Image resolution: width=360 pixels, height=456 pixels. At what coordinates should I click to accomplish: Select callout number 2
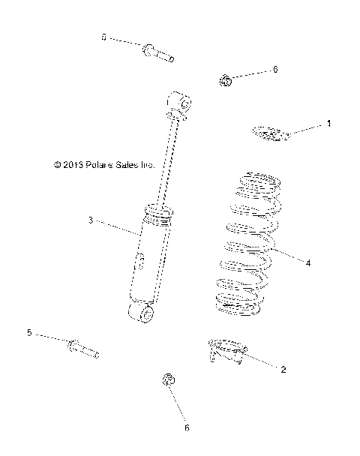tap(283, 369)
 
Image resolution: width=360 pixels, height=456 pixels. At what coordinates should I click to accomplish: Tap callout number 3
tap(90, 220)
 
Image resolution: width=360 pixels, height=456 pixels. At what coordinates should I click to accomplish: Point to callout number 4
tap(307, 262)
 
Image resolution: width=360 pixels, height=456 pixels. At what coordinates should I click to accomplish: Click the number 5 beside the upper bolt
tap(104, 37)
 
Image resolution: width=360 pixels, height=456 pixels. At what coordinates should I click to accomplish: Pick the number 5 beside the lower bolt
tap(29, 332)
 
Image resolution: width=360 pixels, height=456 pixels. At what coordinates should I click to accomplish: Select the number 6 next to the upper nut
tap(274, 69)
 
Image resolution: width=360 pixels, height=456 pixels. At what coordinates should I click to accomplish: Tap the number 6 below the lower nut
tap(187, 428)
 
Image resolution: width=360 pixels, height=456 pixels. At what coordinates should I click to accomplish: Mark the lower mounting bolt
tap(82, 349)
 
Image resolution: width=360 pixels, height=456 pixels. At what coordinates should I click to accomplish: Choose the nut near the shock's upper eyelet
tap(225, 79)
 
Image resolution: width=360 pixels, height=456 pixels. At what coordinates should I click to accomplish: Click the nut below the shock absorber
tap(169, 381)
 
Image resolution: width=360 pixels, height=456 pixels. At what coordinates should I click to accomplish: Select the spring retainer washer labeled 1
tap(269, 133)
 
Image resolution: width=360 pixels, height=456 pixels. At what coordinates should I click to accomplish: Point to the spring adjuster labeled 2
tap(227, 349)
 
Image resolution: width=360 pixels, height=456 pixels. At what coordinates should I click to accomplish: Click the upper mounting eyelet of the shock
tap(181, 102)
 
